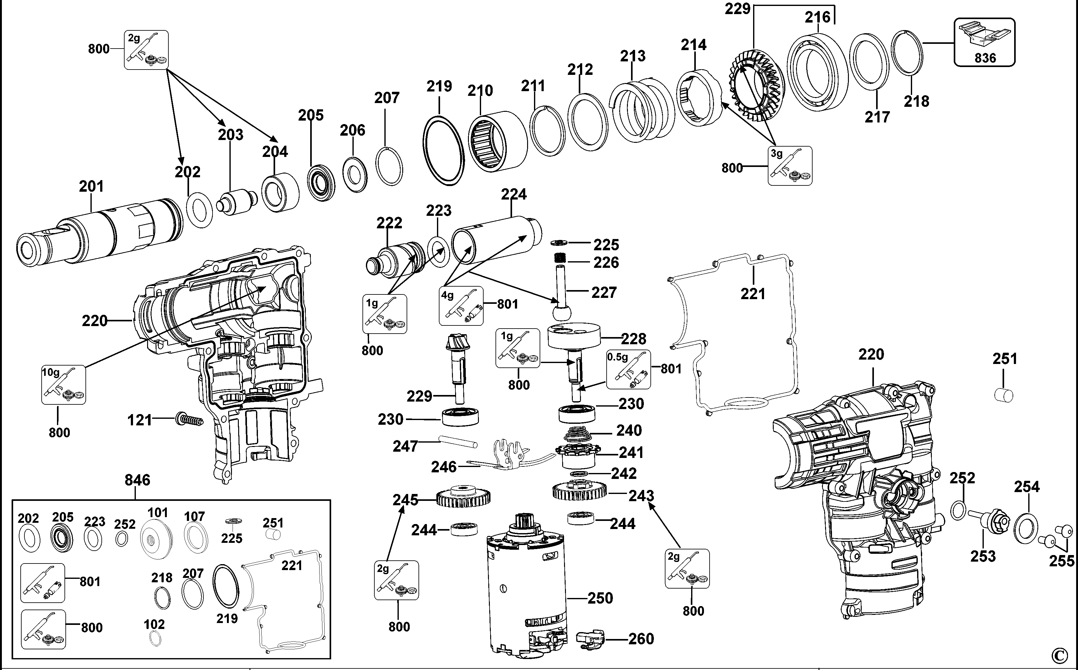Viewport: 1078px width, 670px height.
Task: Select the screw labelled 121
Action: (x=189, y=419)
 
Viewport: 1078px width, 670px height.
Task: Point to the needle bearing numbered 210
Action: (x=497, y=140)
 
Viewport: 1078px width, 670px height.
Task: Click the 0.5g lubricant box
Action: (x=628, y=370)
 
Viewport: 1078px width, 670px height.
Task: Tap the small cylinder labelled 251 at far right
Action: (x=1004, y=395)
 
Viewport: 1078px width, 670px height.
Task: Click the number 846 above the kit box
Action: (x=137, y=480)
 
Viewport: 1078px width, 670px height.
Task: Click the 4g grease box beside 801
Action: (x=461, y=306)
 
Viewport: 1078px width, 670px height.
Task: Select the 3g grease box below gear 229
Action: (x=790, y=166)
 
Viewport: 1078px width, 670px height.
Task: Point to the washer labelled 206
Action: (x=355, y=174)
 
